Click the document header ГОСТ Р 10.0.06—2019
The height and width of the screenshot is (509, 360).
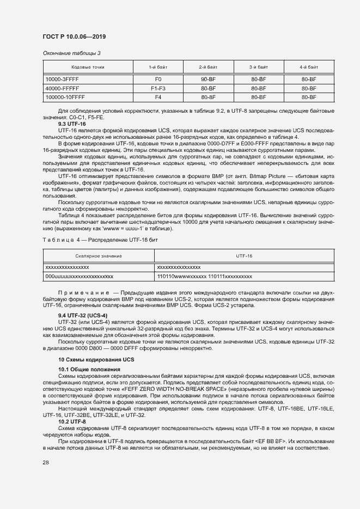74,36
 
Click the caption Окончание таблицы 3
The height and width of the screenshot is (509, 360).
71,53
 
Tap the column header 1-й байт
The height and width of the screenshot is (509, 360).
158,67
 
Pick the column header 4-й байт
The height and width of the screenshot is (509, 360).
309,67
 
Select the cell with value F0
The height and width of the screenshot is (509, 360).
158,79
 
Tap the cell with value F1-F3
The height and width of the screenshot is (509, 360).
158,88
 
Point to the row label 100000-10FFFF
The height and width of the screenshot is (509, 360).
65,97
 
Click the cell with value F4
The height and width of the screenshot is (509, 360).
158,97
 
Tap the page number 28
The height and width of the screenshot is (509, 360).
45,463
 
